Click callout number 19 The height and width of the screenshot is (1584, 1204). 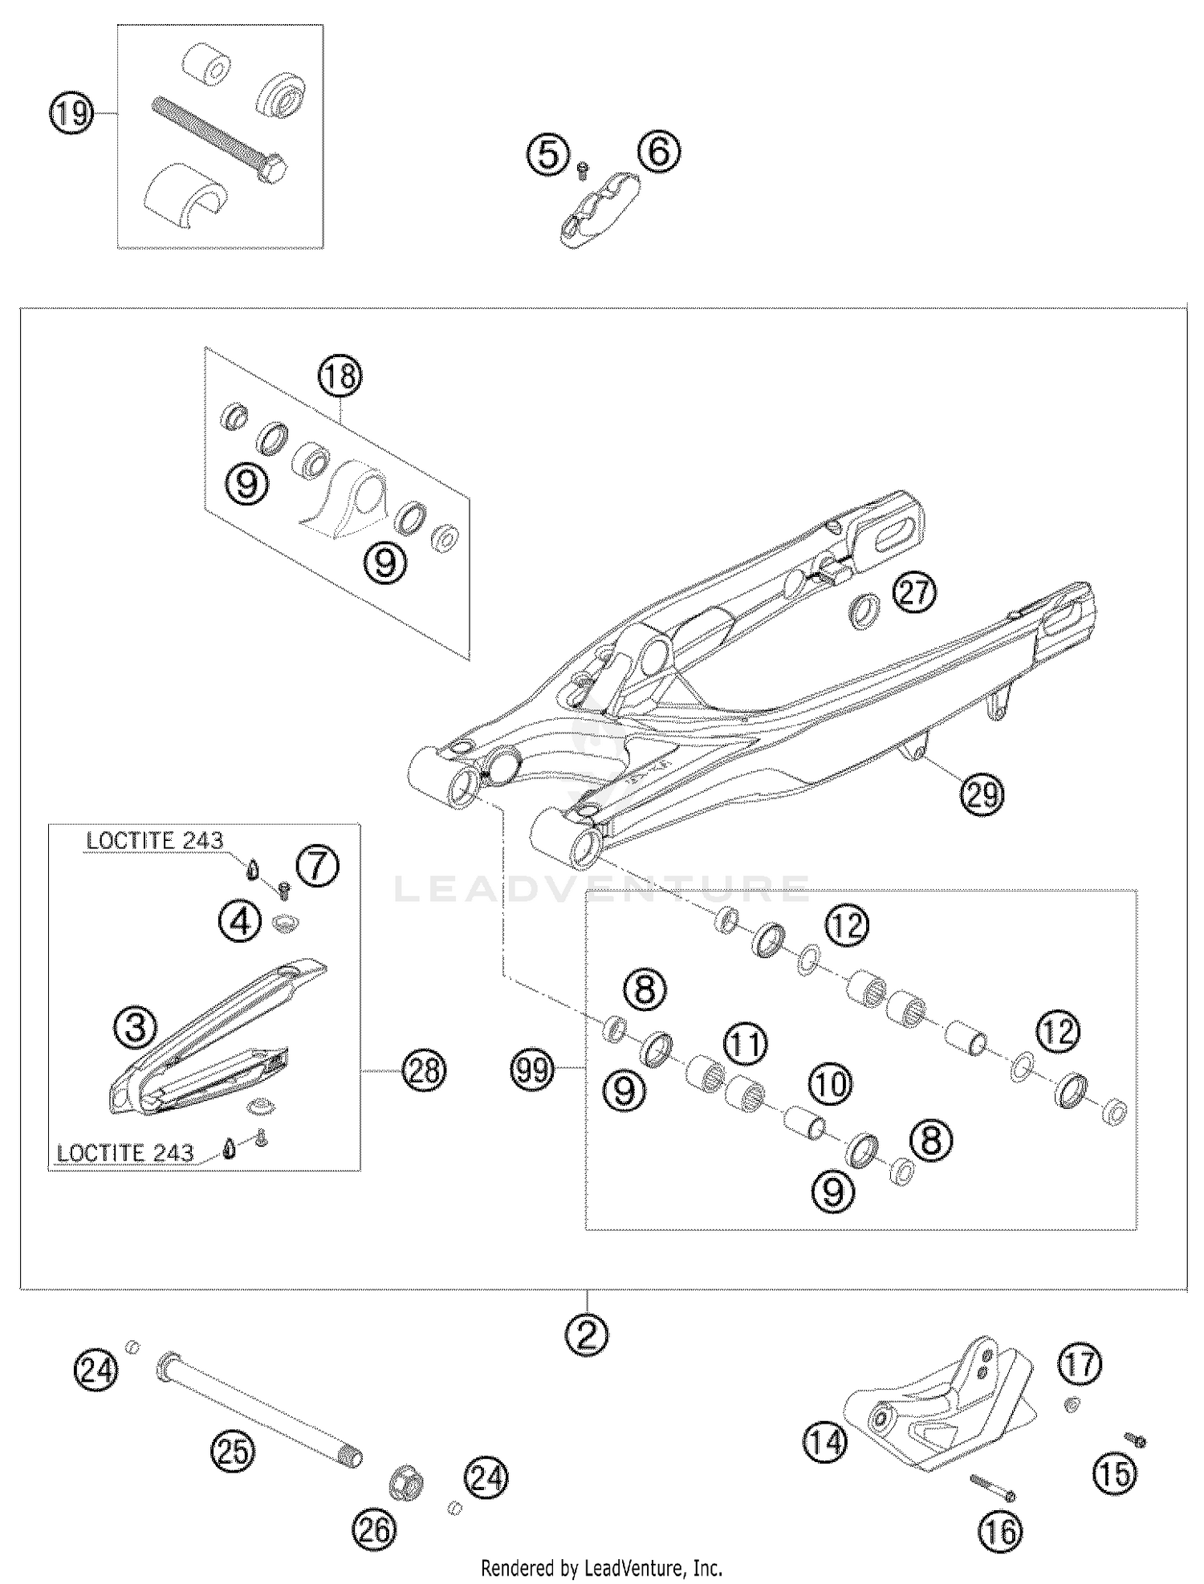coord(71,113)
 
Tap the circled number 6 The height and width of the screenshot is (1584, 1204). coord(659,152)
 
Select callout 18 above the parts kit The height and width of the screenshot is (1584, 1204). coord(340,376)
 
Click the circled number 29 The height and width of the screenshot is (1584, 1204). coord(982,794)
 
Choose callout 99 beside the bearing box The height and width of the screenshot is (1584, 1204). coord(534,1070)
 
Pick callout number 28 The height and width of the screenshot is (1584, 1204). coord(425,1070)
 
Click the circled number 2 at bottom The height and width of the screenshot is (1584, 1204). coord(588,1335)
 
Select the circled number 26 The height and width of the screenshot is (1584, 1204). coord(375,1529)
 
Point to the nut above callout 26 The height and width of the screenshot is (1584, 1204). coord(406,1482)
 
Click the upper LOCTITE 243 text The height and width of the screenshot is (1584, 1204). coord(155,840)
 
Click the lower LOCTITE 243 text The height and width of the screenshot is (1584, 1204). coord(125,1153)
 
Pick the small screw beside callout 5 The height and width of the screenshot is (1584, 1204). coord(584,168)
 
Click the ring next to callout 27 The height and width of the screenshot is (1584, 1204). coord(864,612)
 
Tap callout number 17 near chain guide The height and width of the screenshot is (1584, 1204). coord(1080,1363)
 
